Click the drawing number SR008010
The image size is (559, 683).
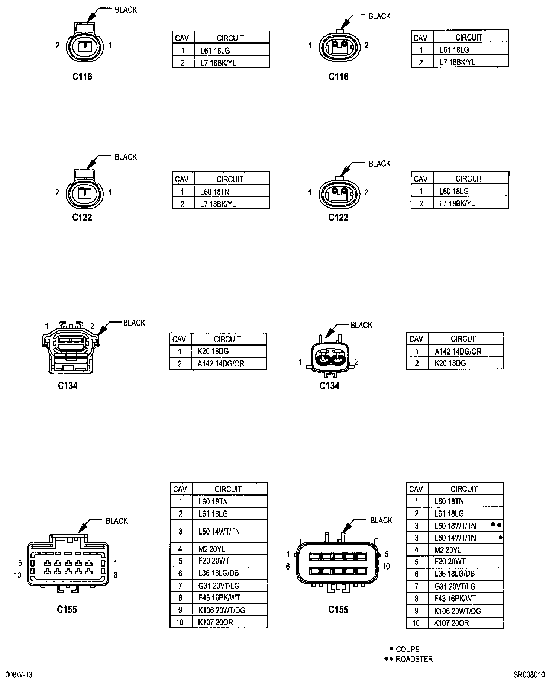(529, 674)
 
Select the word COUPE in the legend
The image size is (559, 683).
(407, 649)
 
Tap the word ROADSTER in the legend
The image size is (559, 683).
(414, 659)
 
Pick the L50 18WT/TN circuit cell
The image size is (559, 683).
(455, 526)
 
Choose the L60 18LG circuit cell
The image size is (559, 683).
(454, 191)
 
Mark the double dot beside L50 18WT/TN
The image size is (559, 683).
(496, 525)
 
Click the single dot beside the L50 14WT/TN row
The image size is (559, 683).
(500, 537)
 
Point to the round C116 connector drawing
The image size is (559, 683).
(84, 47)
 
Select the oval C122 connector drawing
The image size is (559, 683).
(339, 193)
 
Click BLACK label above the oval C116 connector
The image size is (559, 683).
(379, 16)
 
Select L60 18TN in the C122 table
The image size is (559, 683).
(214, 192)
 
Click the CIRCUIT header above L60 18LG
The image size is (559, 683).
(469, 179)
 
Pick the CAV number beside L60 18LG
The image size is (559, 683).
(421, 191)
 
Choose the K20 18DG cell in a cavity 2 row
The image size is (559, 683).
(450, 363)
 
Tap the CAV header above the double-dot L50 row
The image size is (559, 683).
(416, 489)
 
